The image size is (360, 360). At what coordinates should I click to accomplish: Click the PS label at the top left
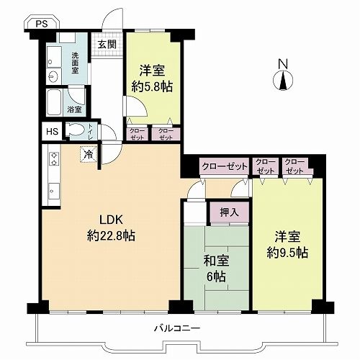(42, 24)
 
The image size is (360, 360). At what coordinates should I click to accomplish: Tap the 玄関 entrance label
(107, 45)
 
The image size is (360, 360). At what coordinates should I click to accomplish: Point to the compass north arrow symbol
(283, 81)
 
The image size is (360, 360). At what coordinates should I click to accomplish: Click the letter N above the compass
(283, 64)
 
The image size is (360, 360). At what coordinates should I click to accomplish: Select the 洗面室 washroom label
(75, 63)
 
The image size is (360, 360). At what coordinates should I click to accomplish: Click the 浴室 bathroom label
(74, 109)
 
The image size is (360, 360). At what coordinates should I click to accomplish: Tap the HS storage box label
(52, 132)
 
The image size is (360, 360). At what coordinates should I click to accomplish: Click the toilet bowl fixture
(75, 130)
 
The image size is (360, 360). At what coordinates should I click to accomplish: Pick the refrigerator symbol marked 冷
(89, 155)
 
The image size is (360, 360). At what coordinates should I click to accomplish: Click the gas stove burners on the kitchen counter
(54, 159)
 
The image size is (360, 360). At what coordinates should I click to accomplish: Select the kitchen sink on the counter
(54, 192)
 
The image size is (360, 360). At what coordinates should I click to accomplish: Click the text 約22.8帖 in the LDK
(112, 236)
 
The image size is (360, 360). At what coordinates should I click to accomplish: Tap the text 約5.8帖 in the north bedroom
(152, 87)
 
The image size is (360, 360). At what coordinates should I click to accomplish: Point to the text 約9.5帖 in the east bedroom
(287, 253)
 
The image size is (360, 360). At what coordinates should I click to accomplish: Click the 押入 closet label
(229, 212)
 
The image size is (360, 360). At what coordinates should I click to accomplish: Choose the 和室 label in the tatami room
(216, 261)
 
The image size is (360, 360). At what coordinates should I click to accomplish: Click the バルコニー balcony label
(177, 328)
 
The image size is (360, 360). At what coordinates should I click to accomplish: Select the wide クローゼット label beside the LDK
(225, 166)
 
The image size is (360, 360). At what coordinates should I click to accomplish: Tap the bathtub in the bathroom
(54, 103)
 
